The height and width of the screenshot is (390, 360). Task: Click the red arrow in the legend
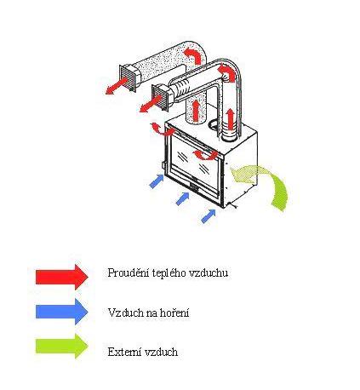click(62, 277)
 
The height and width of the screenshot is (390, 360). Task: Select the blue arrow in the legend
click(62, 312)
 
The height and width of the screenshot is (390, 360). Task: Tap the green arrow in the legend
click(62, 347)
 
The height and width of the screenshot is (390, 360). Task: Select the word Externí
click(124, 352)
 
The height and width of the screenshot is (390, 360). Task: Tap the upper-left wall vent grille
click(129, 77)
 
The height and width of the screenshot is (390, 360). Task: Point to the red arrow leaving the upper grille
click(116, 86)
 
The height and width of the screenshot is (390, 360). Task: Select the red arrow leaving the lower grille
click(150, 105)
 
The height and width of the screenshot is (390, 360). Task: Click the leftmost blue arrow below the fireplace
click(157, 181)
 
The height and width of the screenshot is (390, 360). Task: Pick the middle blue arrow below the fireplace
click(182, 198)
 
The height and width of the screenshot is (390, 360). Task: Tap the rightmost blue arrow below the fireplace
click(209, 215)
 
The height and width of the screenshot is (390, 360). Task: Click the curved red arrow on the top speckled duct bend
click(192, 55)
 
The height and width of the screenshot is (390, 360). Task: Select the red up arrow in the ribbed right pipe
click(231, 118)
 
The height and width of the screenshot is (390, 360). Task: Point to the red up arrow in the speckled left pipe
click(196, 110)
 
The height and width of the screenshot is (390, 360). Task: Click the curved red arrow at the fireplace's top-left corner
click(163, 130)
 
